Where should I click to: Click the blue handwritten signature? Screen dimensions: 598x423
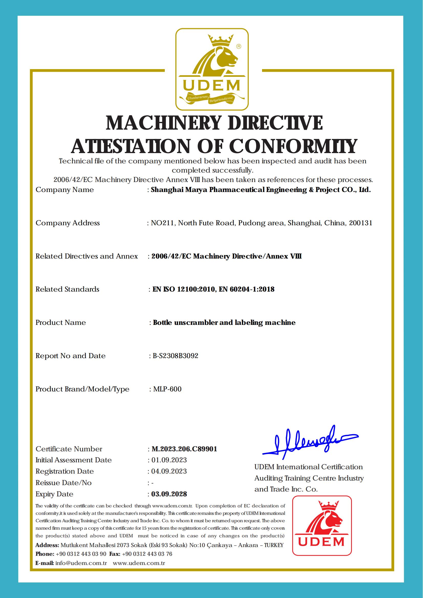(310, 442)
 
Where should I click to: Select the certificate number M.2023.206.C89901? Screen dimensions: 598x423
(184, 449)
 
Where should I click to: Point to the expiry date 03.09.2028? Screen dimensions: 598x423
(169, 494)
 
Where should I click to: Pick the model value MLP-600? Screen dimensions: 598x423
(167, 389)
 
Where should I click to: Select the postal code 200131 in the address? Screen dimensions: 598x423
(361, 223)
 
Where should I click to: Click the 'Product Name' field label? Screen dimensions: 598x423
(61, 323)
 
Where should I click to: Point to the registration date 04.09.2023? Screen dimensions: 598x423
(169, 471)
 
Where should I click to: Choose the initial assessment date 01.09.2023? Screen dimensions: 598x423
(169, 460)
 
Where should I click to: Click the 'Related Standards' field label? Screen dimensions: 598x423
(68, 289)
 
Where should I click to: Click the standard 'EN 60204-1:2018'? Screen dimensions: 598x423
(247, 289)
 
